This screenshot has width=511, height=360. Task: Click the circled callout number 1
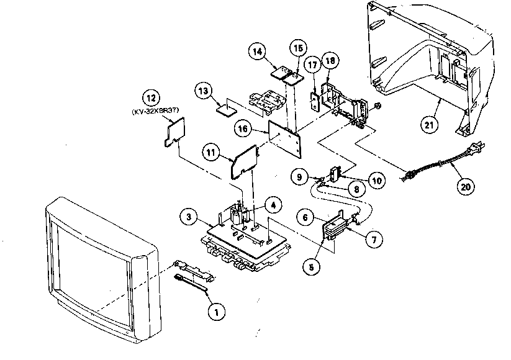(215, 313)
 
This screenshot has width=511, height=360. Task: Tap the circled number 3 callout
(188, 218)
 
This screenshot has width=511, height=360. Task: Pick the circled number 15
(297, 48)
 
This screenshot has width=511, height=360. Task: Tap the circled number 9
(300, 177)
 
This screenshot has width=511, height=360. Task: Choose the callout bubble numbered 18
(330, 61)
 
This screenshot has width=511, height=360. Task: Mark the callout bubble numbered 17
(312, 65)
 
